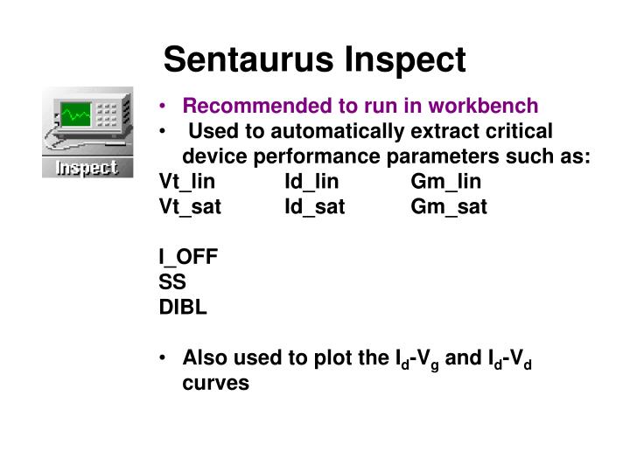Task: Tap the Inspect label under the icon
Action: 87,167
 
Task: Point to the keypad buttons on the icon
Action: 107,116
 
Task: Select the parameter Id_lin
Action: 311,182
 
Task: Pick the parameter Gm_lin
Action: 446,182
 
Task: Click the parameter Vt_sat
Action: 190,207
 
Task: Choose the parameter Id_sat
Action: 315,207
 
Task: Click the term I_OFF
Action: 188,257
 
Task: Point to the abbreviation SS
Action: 172,282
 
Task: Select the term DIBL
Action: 183,308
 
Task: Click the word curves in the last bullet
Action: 216,383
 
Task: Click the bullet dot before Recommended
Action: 164,107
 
